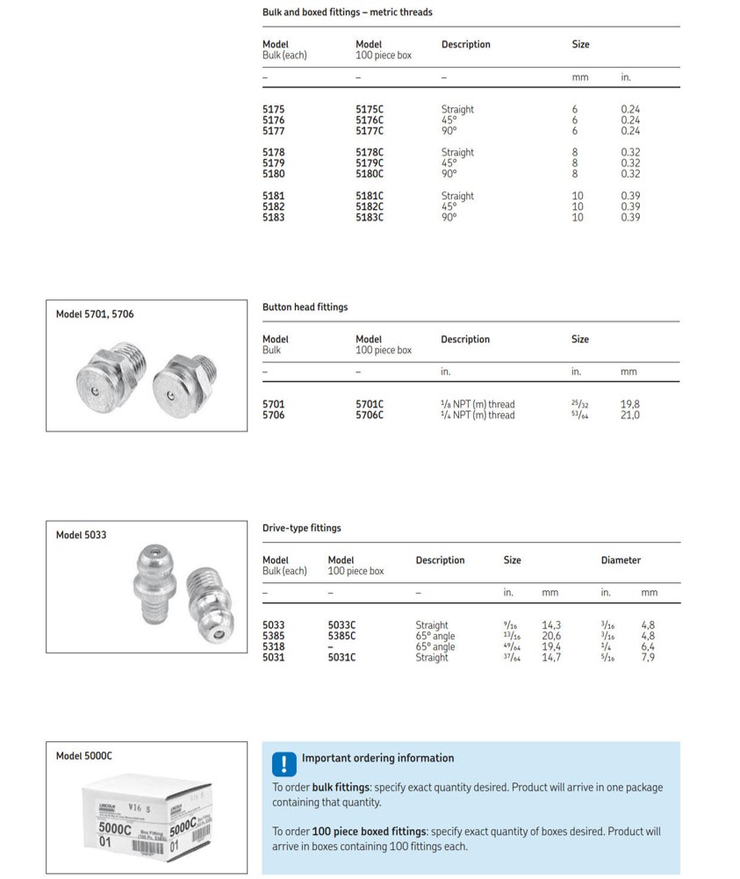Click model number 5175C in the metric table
370,110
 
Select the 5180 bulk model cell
274,174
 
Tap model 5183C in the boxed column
370,218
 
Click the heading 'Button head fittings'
305,307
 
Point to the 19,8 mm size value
630,405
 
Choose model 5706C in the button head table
370,415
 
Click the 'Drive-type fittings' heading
301,529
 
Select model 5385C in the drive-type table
341,637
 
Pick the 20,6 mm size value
551,637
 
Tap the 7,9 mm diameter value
648,658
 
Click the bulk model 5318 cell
274,647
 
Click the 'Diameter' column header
621,560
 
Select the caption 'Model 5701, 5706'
95,314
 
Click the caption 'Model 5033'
81,535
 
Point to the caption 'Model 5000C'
84,756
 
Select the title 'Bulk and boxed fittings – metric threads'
347,12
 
